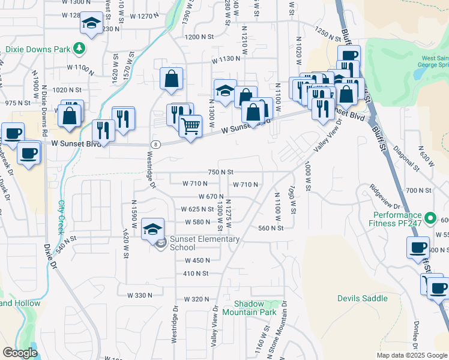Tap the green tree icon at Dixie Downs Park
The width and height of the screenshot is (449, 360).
(79, 49)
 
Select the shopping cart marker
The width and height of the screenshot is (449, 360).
(190, 127)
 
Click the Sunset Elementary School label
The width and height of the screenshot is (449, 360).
(196, 243)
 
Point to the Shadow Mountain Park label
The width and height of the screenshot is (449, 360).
(249, 308)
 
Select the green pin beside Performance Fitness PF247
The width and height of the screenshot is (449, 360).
(430, 218)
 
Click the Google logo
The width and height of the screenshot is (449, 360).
(20, 353)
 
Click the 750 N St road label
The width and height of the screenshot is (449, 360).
(220, 172)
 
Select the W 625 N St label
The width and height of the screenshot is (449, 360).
(197, 209)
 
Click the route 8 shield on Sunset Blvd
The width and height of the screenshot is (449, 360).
(156, 145)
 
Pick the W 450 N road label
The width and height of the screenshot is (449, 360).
(197, 260)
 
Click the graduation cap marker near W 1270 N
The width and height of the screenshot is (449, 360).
(91, 24)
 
